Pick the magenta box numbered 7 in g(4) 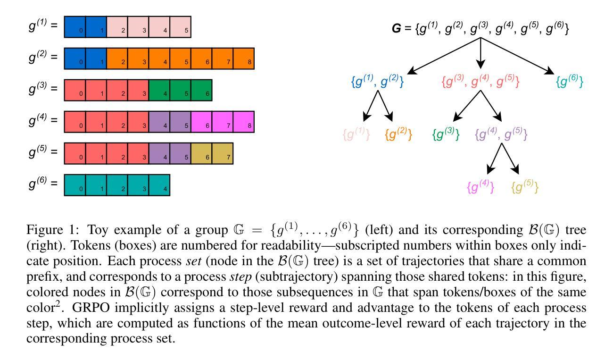(x=223, y=122)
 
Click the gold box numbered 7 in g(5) (x=223, y=153)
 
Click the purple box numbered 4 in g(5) (x=159, y=153)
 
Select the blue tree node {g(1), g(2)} (x=377, y=82)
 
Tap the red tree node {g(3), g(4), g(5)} (x=480, y=82)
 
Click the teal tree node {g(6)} (x=570, y=82)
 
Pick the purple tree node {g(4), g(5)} (x=501, y=134)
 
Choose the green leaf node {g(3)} (x=446, y=134)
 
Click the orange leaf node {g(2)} (x=398, y=134)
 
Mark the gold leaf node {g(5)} (x=524, y=187)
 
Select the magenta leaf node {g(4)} (x=480, y=187)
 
